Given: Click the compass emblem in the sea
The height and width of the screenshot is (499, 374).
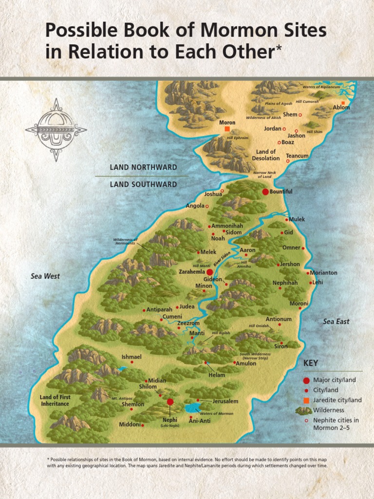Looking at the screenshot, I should pos(56,130).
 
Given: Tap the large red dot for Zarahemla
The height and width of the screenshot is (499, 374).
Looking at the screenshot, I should pos(209,271).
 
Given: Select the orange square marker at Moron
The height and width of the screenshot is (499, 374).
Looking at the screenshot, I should pos(227,129).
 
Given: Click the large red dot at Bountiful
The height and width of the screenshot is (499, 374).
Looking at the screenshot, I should pos(265,192).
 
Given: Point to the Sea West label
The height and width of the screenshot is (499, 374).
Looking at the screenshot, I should pos(45,276).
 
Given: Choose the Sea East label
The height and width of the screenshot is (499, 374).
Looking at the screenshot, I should pos(336,322).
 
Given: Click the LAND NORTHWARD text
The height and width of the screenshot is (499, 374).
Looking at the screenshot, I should pos(143,167).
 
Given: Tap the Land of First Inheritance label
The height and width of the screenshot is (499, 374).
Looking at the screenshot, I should pos(55,401).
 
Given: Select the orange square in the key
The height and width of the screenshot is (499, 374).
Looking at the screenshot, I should pos(306,400).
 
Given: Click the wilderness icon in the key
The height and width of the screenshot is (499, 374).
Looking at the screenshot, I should pos(304,411).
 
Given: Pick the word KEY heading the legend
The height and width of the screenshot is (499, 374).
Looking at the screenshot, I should pos(311,364).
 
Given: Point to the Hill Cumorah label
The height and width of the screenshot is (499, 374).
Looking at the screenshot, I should pos(307,101).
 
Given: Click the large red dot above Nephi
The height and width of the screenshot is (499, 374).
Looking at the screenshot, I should pos(170,402).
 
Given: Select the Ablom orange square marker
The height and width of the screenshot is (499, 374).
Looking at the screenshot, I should pos(343,103).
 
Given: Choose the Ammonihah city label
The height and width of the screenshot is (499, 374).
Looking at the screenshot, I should pos(226,226).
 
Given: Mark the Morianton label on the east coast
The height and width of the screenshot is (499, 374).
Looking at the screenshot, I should pos(323,273).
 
